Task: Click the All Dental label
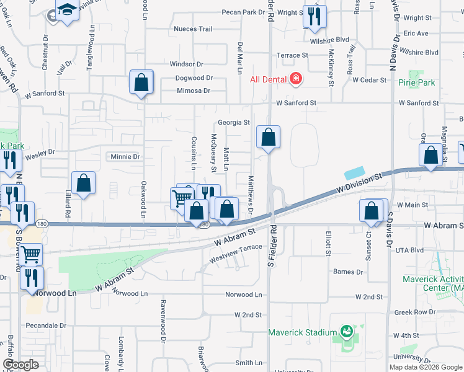tap(267, 79)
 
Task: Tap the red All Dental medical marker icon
tap(296, 79)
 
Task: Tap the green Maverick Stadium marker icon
tap(346, 332)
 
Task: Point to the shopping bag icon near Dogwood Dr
tap(141, 82)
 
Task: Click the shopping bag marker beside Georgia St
tap(268, 138)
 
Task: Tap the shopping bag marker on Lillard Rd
tap(83, 184)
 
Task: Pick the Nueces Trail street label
tap(193, 29)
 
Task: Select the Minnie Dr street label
tap(125, 157)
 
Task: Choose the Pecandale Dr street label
tap(46, 325)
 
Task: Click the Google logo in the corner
tap(20, 365)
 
